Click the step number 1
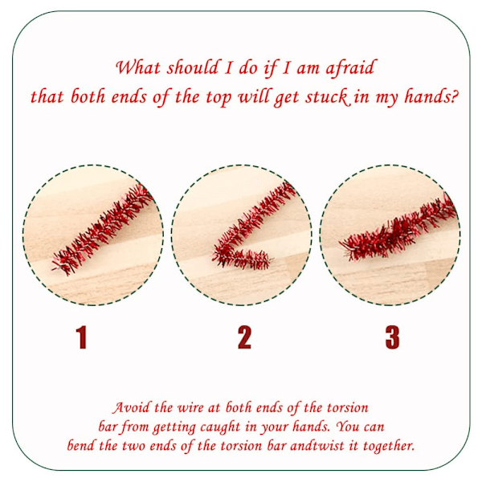(81, 337)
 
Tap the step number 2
(244, 337)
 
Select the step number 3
(393, 337)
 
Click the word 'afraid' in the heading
(350, 67)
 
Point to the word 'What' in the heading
(138, 67)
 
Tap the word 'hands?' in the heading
(431, 96)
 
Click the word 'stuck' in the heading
(329, 97)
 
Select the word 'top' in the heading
(219, 98)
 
